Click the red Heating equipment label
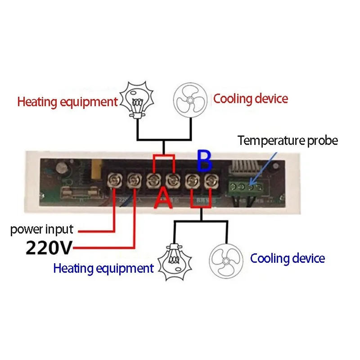(x=67, y=101)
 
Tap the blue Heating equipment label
(x=103, y=269)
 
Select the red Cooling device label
(x=250, y=99)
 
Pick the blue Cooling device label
(x=287, y=258)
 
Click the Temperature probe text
(x=288, y=140)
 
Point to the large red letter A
(x=163, y=198)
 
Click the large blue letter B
(x=204, y=162)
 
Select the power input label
(x=41, y=229)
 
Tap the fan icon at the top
(x=190, y=99)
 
